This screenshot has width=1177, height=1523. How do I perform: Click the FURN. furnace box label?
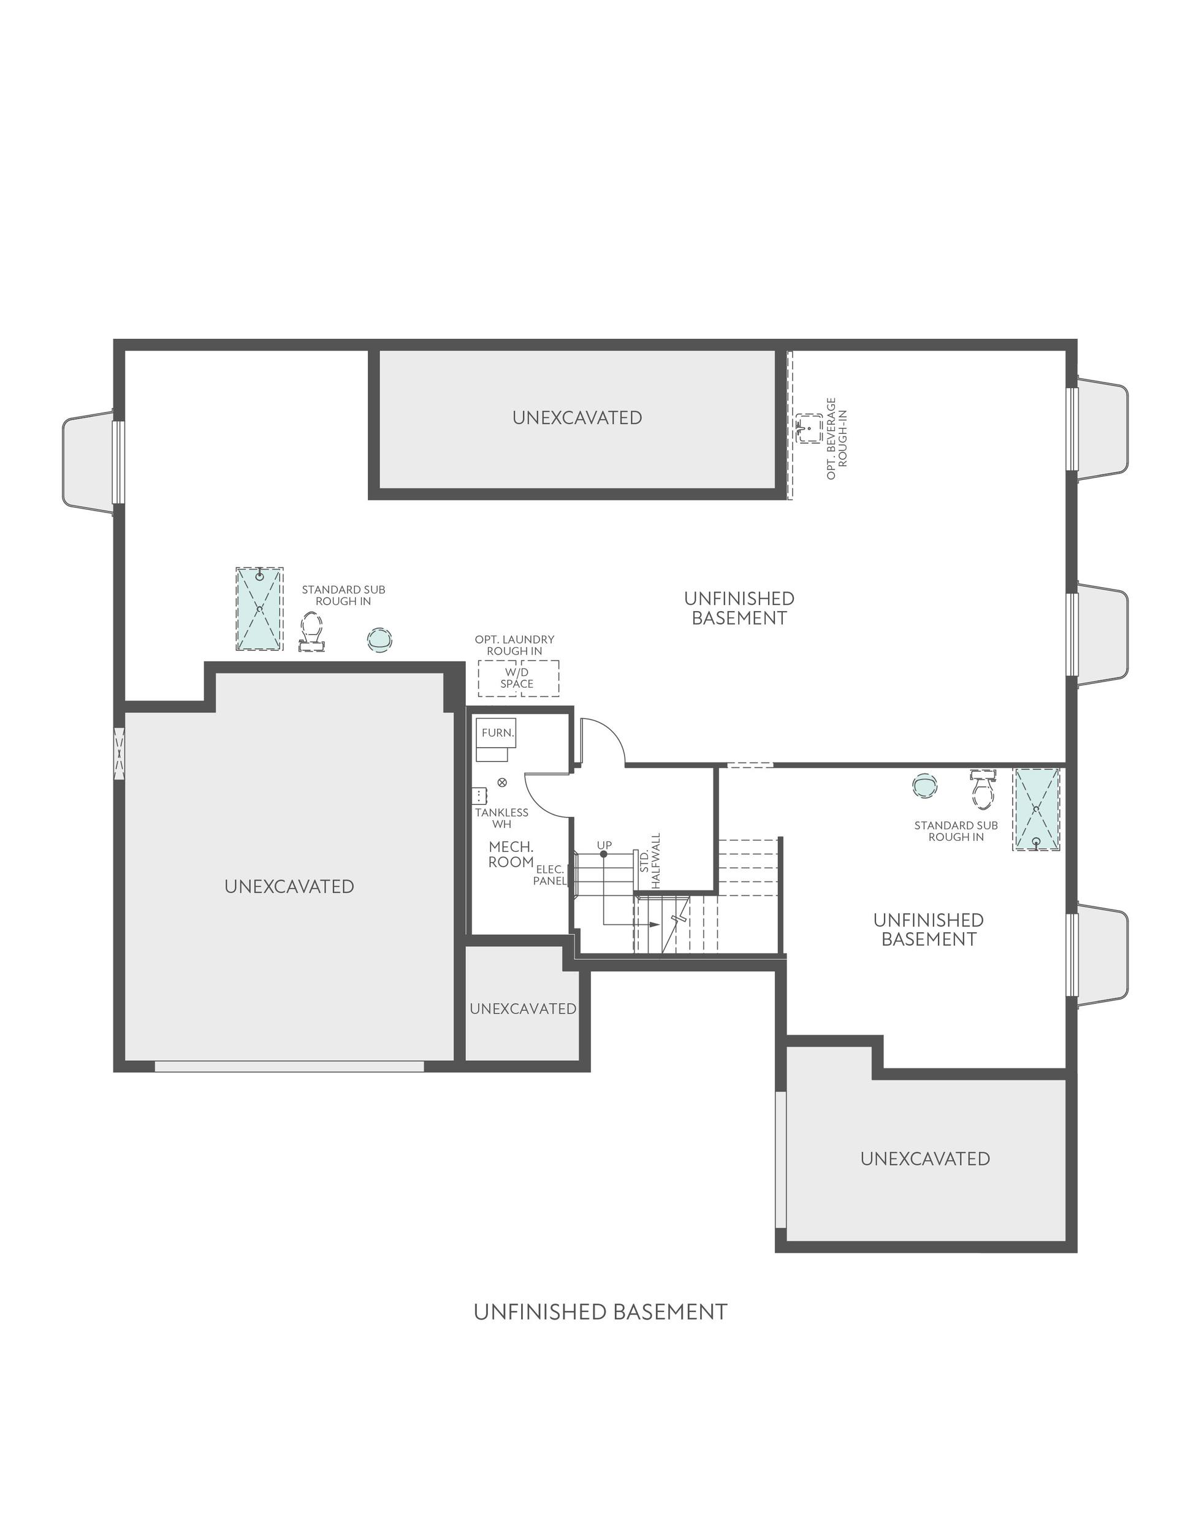point(497,733)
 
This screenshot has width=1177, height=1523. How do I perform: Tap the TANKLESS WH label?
point(501,818)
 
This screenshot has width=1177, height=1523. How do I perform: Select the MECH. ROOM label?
point(511,854)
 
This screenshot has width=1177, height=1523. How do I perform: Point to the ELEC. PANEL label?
point(550,875)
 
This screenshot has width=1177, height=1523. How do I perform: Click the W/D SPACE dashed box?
point(517,678)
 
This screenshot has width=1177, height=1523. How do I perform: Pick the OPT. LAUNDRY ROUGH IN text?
point(514,645)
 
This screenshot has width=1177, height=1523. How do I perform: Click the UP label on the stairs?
point(604,845)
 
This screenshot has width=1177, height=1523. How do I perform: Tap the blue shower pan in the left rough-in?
point(259,609)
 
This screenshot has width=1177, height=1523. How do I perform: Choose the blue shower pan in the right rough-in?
point(1037,810)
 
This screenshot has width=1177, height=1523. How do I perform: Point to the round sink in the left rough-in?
point(379,639)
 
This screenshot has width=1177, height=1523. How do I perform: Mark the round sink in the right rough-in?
point(924,784)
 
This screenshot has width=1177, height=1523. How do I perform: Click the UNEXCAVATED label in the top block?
point(577,418)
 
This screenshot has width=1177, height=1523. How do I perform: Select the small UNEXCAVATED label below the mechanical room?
point(522,1009)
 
